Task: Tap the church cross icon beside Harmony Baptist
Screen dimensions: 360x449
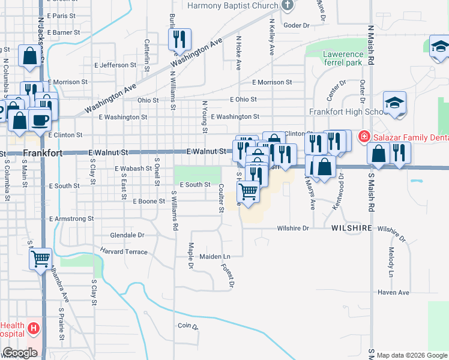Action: coord(288,5)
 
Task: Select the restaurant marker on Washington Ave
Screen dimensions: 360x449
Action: coord(179,40)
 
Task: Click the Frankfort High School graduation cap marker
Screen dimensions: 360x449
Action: coord(395,103)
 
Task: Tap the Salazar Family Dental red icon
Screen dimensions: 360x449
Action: coord(363,137)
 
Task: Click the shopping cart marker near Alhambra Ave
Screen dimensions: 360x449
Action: coord(41,260)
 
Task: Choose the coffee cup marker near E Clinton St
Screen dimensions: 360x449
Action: coord(40,120)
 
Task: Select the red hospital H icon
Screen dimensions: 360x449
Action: coord(34,329)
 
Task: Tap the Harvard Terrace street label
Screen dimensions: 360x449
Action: coord(124,251)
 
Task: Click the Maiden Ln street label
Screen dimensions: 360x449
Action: coord(215,256)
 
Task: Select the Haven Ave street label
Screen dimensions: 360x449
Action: coord(393,292)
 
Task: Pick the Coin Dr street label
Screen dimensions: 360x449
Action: coord(187,326)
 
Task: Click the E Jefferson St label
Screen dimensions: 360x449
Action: coord(115,65)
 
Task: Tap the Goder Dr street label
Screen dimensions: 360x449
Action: coord(296,25)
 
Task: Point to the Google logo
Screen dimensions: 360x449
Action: coord(19,353)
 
